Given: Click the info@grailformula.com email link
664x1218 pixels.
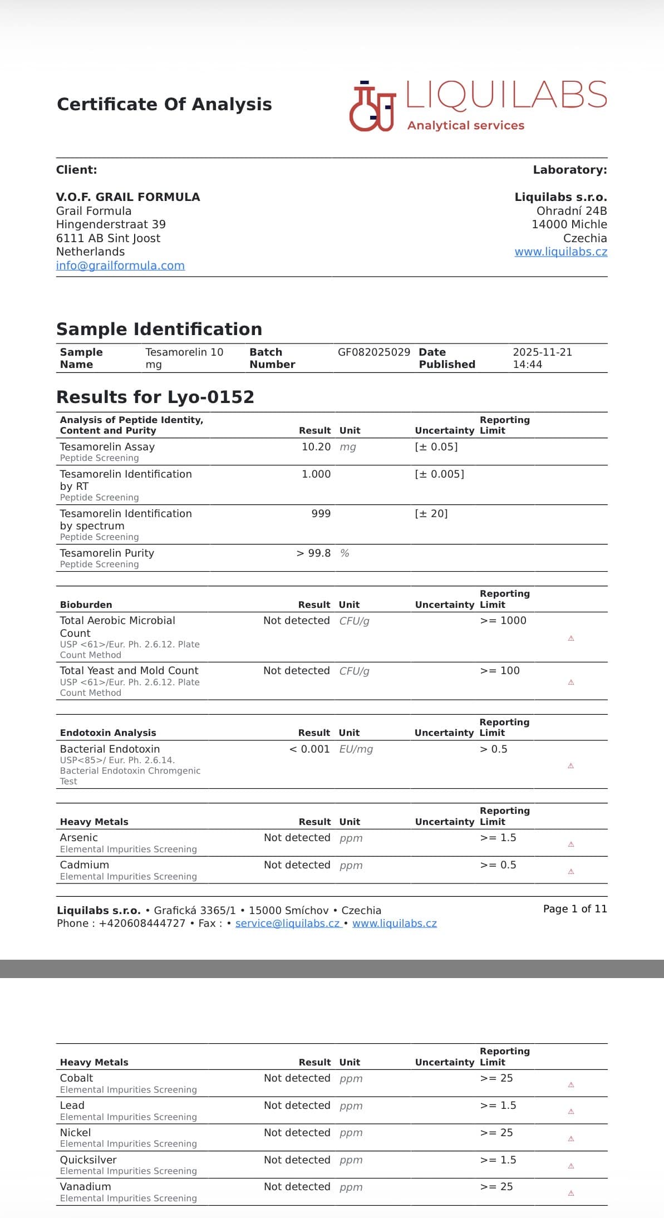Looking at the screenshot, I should [120, 266].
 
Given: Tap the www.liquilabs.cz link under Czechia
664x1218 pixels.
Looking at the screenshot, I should [560, 252].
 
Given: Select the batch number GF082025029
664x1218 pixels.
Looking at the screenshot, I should [373, 352].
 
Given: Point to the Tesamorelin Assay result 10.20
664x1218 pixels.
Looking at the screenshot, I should [316, 447].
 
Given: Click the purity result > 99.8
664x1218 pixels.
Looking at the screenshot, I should [313, 553].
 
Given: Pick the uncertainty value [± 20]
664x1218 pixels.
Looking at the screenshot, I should [431, 514].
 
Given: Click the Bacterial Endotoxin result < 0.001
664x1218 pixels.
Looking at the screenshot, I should [309, 749].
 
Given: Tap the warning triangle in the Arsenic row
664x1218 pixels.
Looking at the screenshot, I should [570, 844].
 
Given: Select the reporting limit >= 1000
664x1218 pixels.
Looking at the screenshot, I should [503, 621].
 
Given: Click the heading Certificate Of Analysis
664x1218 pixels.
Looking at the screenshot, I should [164, 105].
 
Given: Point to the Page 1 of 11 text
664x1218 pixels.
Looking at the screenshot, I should [574, 909].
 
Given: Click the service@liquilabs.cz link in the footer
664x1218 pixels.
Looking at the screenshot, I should [287, 924].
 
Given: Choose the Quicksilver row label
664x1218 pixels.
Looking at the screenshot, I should [88, 1160].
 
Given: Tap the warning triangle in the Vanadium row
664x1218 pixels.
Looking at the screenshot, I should [570, 1194].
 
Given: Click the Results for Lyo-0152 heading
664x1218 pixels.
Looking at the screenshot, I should [155, 397].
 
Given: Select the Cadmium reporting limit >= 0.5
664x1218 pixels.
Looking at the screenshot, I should [498, 865].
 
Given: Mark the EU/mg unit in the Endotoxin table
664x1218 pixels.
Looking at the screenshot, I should [356, 749].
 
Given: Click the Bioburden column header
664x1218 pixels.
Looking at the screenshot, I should [86, 605].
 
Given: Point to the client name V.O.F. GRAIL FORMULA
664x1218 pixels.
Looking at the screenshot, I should [128, 197].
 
